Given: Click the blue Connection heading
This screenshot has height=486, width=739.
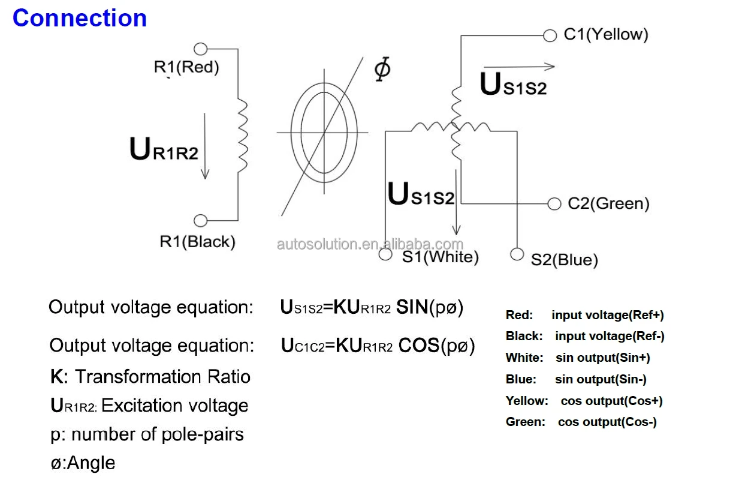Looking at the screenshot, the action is tap(80, 18).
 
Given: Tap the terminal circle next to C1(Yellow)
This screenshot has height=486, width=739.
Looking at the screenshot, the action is tap(550, 35).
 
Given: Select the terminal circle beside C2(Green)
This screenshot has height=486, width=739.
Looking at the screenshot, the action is tap(554, 204).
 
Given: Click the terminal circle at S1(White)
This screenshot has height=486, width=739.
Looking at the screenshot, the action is tap(385, 254).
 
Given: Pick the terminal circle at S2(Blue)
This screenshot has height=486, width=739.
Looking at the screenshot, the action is tap(517, 254).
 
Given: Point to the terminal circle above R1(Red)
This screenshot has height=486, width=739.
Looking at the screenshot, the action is tap(200, 49).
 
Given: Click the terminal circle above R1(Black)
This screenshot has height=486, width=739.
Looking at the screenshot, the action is tap(200, 221).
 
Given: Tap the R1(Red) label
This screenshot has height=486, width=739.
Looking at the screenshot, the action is tap(186, 67).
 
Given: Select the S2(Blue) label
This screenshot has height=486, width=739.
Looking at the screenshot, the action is tap(564, 260).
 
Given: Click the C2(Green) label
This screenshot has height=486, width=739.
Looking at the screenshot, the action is tap(608, 203).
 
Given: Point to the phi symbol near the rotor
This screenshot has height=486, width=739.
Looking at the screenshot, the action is tap(382, 68).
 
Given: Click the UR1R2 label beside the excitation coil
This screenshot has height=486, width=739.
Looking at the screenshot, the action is tap(164, 149).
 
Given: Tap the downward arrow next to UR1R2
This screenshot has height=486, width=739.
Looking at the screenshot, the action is tap(205, 146).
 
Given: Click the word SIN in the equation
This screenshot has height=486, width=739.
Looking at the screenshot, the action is tap(412, 307).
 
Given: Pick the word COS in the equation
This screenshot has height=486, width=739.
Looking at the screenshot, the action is tap(419, 346).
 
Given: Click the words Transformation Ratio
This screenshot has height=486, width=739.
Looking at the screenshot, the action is tap(163, 376).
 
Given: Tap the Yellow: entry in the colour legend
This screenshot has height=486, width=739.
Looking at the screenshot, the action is tap(527, 401).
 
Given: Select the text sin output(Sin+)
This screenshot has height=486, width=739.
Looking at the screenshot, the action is tap(603, 358).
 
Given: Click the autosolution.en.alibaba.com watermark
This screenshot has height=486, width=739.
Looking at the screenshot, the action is tap(370, 244).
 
